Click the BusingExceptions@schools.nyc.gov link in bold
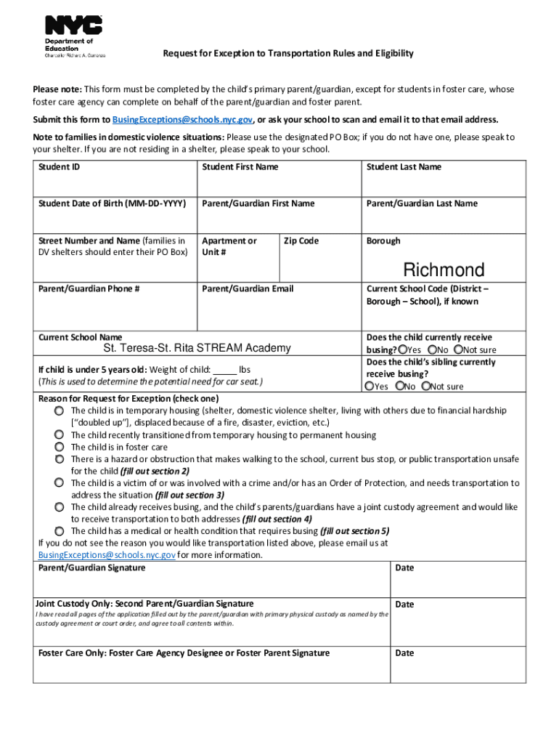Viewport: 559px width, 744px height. [182, 120]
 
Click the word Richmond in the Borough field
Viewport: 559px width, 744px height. [444, 270]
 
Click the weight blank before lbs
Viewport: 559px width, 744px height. [226, 369]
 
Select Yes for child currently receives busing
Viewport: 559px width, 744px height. [402, 349]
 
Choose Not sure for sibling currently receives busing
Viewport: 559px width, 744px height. [426, 387]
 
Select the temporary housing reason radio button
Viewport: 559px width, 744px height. [59, 411]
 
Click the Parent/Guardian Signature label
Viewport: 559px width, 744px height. [91, 567]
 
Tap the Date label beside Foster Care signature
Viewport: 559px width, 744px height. [404, 653]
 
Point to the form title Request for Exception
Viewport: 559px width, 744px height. [287, 54]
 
